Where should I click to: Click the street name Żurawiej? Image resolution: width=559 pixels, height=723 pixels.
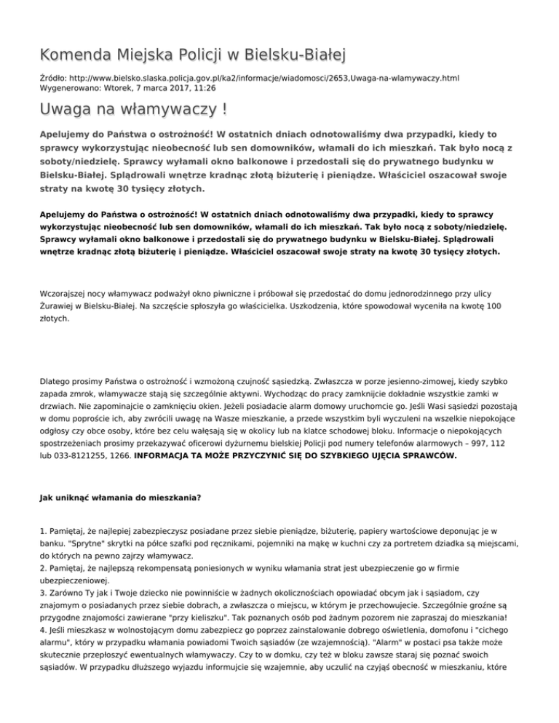click(59, 307)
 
